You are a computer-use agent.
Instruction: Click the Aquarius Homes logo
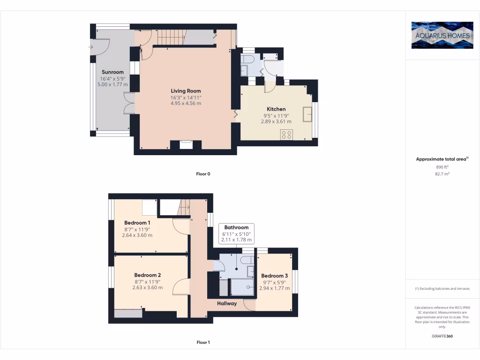442,35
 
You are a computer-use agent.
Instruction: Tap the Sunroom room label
112,72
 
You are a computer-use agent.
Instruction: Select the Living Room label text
186,91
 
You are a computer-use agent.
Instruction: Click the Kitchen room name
276,109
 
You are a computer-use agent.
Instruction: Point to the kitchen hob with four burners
286,135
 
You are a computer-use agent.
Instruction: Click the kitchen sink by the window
308,114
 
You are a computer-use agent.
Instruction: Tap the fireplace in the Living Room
186,144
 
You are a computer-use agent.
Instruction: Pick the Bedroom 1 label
137,223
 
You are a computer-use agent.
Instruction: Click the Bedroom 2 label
147,275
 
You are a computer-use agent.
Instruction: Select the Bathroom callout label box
236,233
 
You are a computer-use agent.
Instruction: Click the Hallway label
226,303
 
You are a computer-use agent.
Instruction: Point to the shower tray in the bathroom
242,287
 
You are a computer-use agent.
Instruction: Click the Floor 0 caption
203,174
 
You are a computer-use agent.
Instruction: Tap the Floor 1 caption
203,343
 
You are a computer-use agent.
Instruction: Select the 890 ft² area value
442,167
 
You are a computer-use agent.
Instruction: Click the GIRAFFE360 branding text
442,336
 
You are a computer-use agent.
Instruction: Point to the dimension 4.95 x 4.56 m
186,104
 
